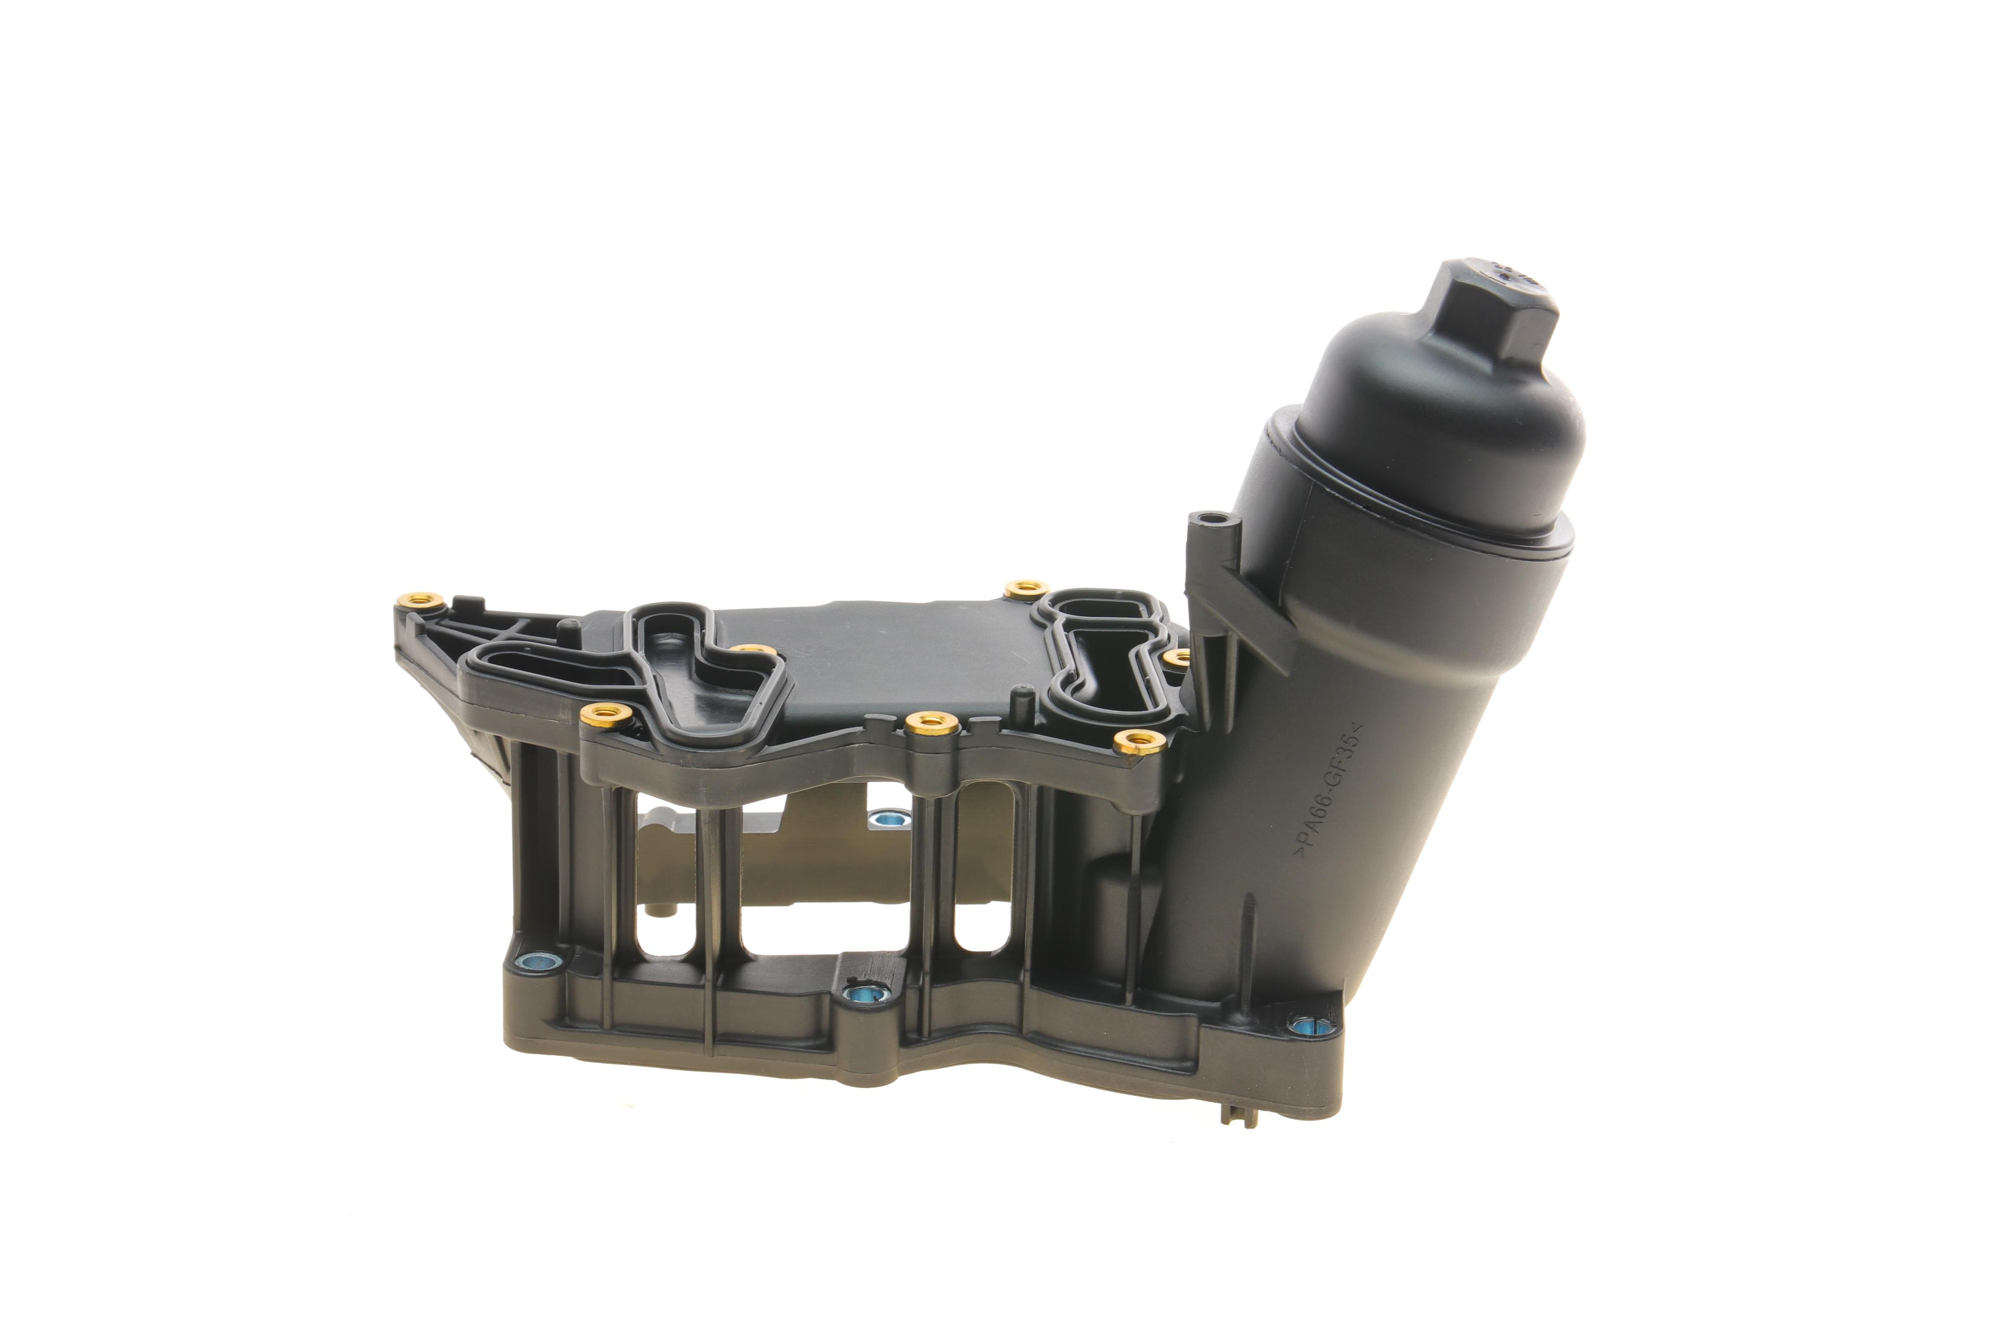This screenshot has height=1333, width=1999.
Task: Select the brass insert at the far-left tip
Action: (x=420, y=600)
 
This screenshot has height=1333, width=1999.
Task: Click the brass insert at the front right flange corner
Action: (x=1139, y=740)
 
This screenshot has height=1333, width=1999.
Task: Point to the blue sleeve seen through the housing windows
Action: (x=890, y=821)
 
